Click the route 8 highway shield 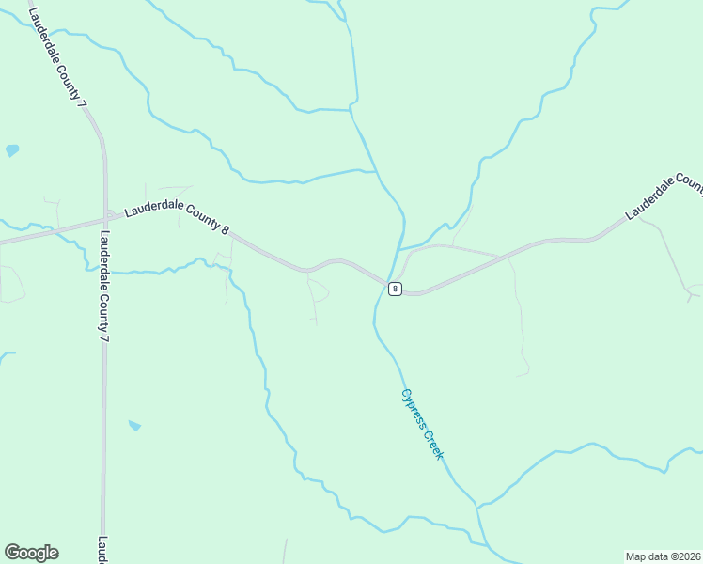(395, 289)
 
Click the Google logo (31, 553)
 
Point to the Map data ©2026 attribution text (663, 556)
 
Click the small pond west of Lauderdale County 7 (11, 149)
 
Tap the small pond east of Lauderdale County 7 (134, 426)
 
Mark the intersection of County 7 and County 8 (104, 222)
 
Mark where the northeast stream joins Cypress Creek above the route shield (401, 247)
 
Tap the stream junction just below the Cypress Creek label (477, 509)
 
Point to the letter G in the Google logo (12, 553)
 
